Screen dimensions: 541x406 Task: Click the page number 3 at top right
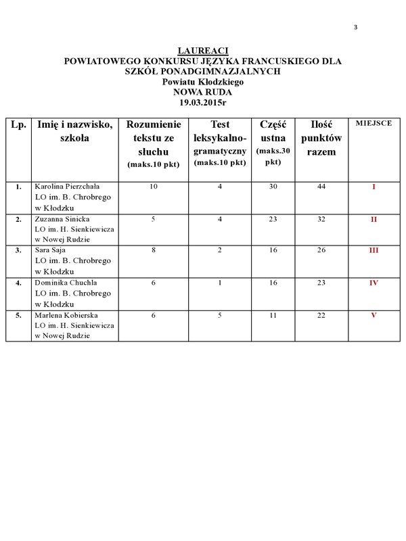coord(355,28)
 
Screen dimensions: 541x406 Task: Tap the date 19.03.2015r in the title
coord(203,102)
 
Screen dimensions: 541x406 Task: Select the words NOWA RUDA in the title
coord(203,92)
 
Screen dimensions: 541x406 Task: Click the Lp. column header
coord(18,124)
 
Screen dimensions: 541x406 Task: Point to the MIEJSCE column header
coord(374,124)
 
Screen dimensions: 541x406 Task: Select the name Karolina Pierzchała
coord(66,187)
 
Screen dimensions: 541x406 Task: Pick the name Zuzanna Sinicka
coord(62,219)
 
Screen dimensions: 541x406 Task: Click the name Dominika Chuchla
coord(66,283)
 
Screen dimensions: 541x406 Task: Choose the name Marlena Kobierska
coord(66,315)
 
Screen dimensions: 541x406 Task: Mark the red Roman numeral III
coord(374,250)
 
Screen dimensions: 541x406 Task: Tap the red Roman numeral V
coord(374,315)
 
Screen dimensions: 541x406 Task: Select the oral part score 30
coord(273,187)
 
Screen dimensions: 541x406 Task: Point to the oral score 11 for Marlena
coord(273,315)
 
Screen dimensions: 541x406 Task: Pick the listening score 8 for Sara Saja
coord(154,250)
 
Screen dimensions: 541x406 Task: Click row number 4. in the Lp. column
coord(18,283)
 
